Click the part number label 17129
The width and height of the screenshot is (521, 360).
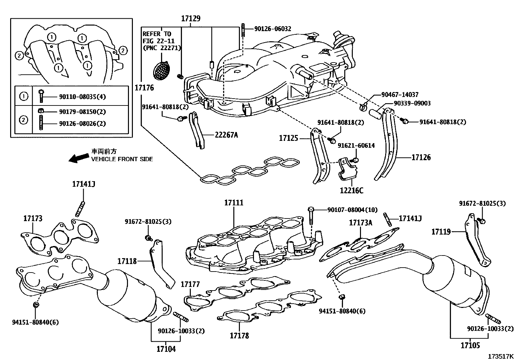coord(191,18)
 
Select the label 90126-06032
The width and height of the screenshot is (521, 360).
coord(273,29)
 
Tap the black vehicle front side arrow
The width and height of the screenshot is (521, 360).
coord(79,158)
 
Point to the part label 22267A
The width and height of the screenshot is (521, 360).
coord(226,135)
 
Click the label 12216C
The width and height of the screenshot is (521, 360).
coord(351,191)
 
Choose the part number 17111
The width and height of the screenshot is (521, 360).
coord(234,203)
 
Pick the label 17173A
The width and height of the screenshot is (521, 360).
coord(361,223)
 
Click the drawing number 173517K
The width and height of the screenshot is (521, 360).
coord(500,356)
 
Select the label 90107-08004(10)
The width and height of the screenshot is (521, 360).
coord(352,210)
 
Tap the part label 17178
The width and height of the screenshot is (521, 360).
coord(239,335)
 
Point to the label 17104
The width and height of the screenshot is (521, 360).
coord(166,349)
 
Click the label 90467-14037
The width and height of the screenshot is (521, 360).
coord(400,95)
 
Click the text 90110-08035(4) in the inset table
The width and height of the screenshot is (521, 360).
coord(82,97)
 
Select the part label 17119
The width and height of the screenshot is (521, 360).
coord(441,232)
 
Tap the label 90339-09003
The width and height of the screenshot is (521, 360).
coord(412,104)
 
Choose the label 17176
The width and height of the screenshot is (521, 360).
coord(144,88)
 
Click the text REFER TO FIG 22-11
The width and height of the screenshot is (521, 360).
coord(158,37)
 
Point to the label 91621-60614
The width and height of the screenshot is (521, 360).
coord(356,145)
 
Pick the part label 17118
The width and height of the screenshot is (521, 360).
coord(127,261)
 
